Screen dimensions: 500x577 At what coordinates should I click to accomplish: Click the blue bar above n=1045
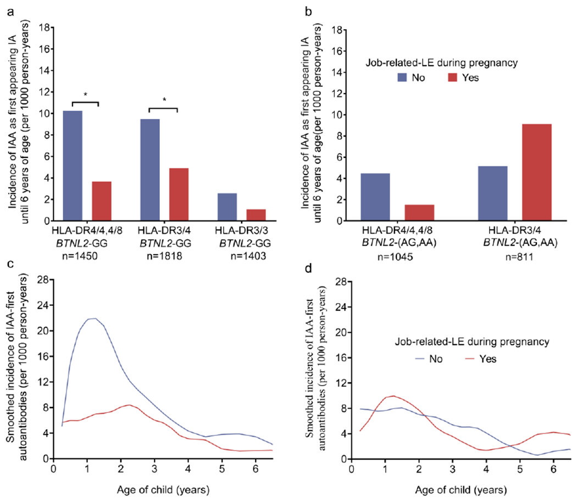pyautogui.click(x=375, y=197)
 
